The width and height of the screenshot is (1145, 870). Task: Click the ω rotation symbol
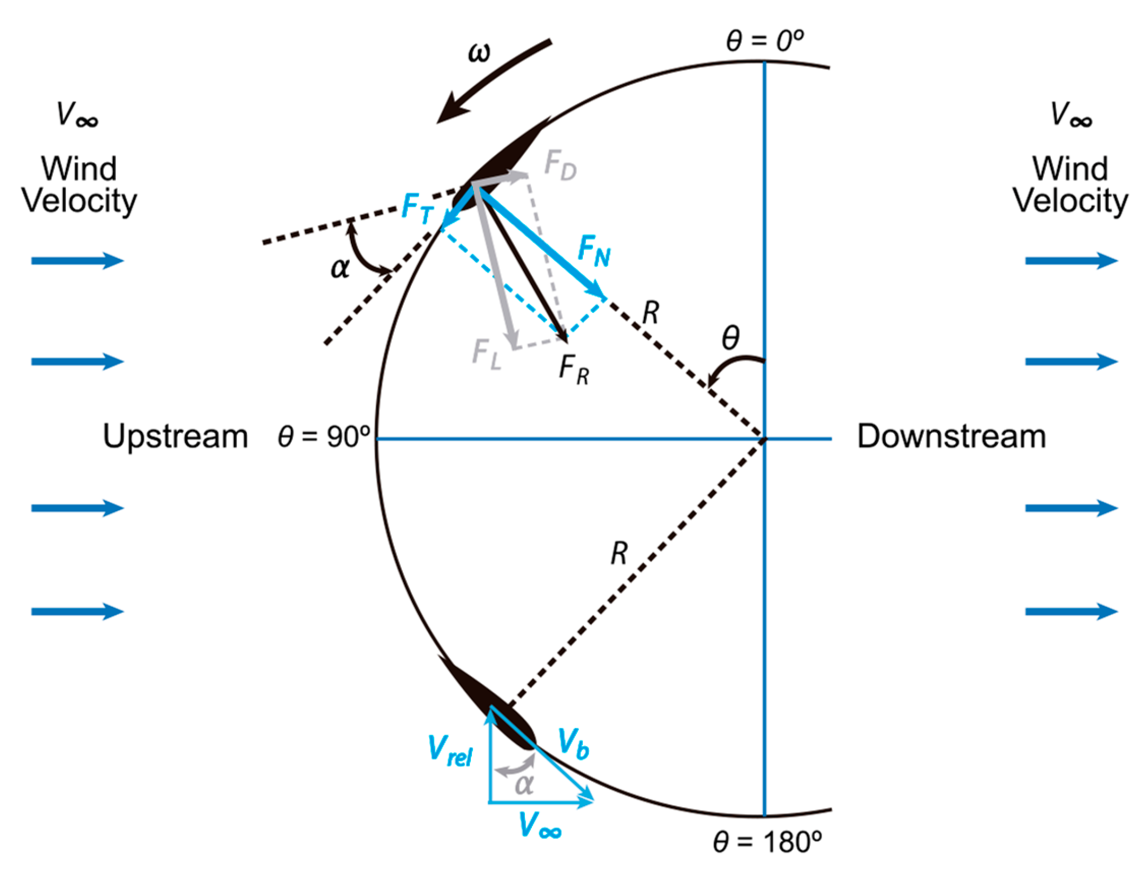pos(479,53)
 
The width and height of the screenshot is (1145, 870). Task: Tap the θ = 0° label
pos(764,41)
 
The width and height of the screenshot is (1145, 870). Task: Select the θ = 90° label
pos(324,436)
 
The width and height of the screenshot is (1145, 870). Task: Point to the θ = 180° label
pos(767,842)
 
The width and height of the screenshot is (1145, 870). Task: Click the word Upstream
pos(175,437)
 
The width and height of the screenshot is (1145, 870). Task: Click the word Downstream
pos(951,437)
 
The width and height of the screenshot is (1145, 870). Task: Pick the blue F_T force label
pos(417,209)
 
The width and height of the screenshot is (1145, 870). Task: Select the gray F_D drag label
pos(560,165)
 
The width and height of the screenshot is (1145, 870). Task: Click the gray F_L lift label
pos(487,353)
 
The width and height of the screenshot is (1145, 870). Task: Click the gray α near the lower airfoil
pos(524,784)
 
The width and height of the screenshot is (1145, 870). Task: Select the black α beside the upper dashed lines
pos(340,267)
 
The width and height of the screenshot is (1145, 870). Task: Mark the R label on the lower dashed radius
pos(619,554)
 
